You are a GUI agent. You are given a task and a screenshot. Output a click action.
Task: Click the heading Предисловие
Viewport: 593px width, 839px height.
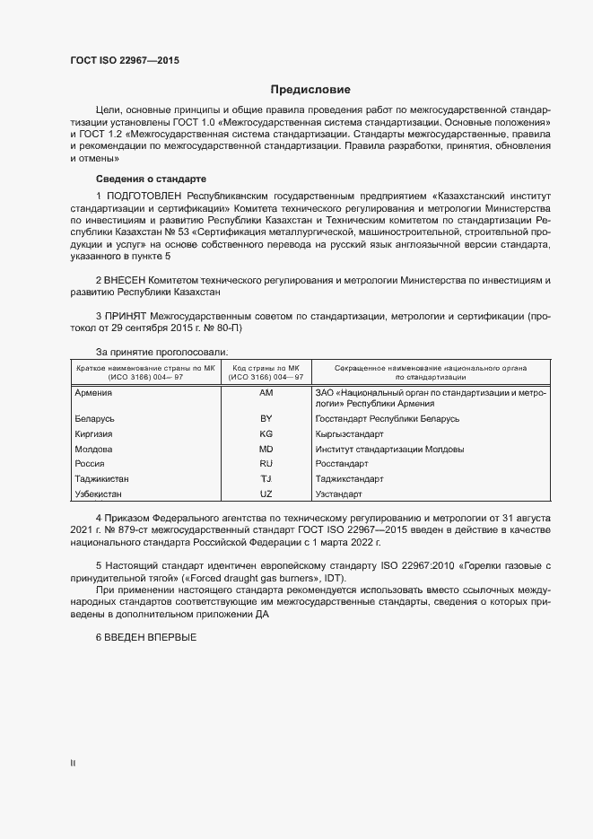(310, 90)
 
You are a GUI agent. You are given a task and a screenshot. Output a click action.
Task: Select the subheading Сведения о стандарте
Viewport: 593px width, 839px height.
(151, 178)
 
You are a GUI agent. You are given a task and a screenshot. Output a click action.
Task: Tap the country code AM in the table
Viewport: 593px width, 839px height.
(266, 394)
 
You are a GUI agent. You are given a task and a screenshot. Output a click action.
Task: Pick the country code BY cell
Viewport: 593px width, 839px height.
(266, 419)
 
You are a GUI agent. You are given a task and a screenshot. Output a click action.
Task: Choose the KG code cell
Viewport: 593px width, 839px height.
(266, 433)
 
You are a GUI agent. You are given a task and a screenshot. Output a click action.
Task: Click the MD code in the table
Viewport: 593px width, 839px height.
(266, 449)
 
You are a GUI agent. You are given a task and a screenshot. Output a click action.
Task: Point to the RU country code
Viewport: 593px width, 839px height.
(266, 464)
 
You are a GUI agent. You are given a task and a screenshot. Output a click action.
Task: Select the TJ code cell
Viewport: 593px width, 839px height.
(266, 479)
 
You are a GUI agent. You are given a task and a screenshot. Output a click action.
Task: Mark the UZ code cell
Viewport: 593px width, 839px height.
(266, 494)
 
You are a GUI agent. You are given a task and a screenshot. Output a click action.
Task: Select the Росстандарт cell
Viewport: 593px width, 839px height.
(342, 464)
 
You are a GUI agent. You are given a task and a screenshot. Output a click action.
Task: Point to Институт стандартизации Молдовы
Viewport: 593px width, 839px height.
(389, 449)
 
